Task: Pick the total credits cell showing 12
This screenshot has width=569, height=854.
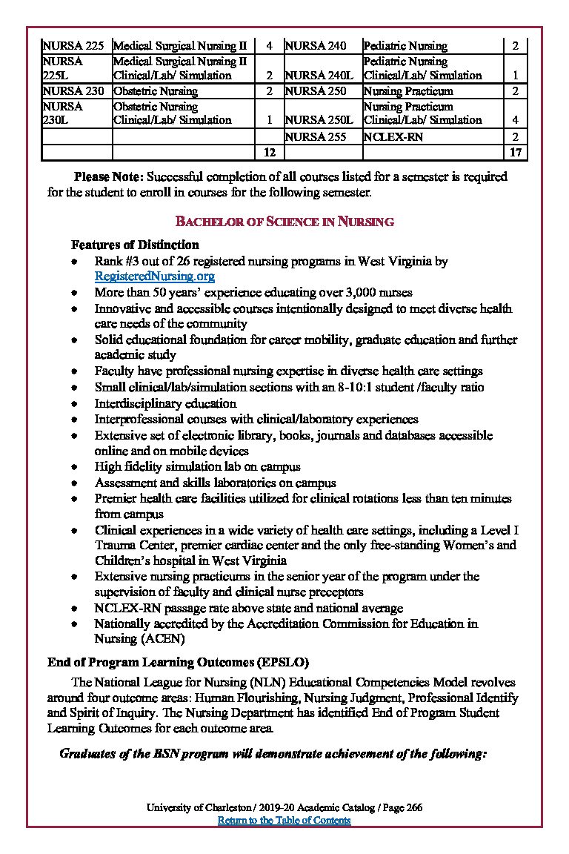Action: [270, 152]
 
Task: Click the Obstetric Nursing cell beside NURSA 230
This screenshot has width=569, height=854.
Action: [156, 91]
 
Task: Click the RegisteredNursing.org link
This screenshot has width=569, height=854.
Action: [155, 277]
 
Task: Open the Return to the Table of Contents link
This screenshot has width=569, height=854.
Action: [284, 820]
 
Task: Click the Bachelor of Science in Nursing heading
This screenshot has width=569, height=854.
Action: [284, 222]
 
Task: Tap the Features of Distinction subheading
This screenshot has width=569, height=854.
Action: [135, 245]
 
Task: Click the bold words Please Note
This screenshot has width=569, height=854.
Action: [109, 177]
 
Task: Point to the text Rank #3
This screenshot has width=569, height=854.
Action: [118, 262]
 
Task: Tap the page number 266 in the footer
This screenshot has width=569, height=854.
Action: [414, 807]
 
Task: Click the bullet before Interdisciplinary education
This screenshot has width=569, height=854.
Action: [74, 405]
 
